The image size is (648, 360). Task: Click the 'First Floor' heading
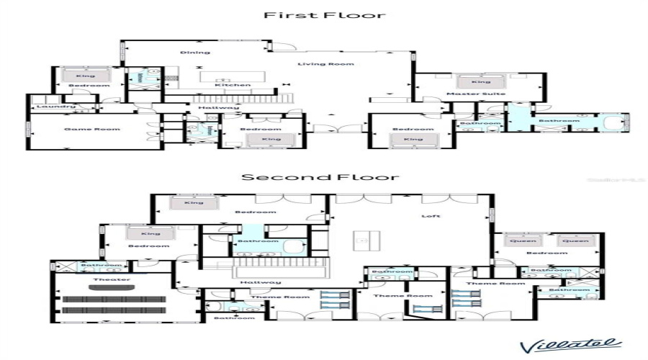click(x=324, y=14)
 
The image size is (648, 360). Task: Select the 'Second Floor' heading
click(x=320, y=177)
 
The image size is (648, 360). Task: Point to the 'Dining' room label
click(x=194, y=52)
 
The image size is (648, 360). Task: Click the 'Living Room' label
click(x=336, y=64)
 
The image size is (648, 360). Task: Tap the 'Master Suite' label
click(x=486, y=94)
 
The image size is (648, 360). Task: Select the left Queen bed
click(x=523, y=242)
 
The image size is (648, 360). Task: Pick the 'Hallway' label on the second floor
click(x=256, y=282)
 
